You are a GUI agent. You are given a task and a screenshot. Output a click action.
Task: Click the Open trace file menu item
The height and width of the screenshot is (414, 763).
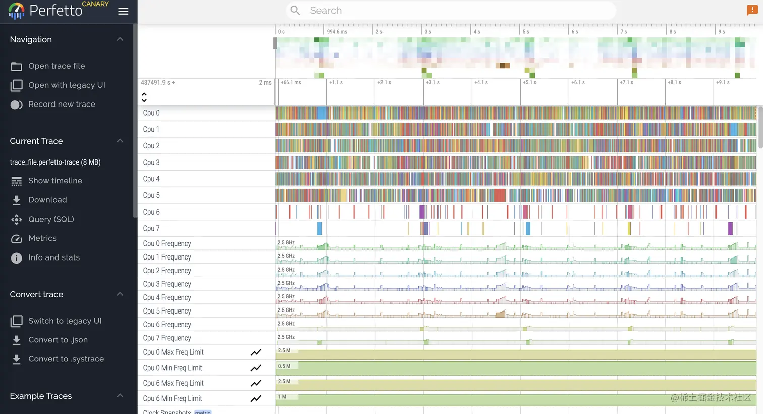point(57,66)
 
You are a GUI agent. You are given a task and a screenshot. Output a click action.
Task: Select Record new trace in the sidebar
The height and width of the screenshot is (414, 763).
point(62,105)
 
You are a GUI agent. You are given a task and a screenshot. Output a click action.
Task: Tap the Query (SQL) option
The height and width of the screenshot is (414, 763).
point(51,219)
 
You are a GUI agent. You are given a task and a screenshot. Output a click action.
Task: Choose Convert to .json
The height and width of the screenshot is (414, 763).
point(58,340)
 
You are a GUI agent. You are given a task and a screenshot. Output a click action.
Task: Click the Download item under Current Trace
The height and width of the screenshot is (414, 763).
point(47,200)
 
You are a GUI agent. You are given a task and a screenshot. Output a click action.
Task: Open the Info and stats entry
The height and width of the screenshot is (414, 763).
point(54,257)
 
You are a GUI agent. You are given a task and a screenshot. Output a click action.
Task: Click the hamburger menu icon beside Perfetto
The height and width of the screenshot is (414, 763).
point(123,11)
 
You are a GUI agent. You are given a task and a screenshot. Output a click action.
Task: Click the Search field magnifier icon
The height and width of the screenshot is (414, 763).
point(295,11)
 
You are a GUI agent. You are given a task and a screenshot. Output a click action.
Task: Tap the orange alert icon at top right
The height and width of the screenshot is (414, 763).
point(752,10)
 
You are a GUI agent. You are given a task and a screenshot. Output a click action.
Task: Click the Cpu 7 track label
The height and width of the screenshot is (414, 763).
point(151,228)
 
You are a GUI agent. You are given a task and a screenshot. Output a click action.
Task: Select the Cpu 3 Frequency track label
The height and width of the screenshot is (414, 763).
point(167,284)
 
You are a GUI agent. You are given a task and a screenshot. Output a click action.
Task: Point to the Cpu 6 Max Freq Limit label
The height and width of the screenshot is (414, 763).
point(173,383)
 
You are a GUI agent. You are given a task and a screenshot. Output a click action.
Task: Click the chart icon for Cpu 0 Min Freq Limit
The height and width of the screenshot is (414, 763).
point(256,368)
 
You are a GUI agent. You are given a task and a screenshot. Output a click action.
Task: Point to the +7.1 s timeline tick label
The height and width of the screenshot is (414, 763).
point(626,82)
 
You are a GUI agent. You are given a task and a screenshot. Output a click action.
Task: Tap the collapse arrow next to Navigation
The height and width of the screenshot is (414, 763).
point(120,39)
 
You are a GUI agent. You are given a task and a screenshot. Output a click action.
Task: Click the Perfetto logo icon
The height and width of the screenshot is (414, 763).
point(16,11)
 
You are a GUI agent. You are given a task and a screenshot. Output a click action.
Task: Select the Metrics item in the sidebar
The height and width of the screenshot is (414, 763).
point(42,238)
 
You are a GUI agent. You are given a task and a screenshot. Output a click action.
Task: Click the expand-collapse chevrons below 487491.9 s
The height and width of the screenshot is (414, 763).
point(144,97)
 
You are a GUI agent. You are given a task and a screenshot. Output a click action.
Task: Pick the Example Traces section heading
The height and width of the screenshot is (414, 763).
point(41,396)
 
